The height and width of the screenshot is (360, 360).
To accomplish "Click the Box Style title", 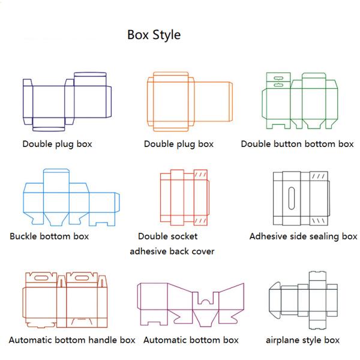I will click(154, 35).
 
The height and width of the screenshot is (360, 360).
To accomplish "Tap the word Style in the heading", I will click(167, 35).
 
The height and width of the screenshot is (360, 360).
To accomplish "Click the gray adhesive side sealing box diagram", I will click(301, 197).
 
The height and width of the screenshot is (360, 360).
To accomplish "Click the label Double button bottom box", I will click(297, 144).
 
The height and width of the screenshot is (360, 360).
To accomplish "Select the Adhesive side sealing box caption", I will click(303, 236).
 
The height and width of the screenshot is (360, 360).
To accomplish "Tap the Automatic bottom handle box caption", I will click(72, 340).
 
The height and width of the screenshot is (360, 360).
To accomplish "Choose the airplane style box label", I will click(302, 340).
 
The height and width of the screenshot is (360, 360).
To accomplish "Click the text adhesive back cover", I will click(172, 251).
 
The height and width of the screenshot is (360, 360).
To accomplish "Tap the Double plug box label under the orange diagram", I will click(179, 144).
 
